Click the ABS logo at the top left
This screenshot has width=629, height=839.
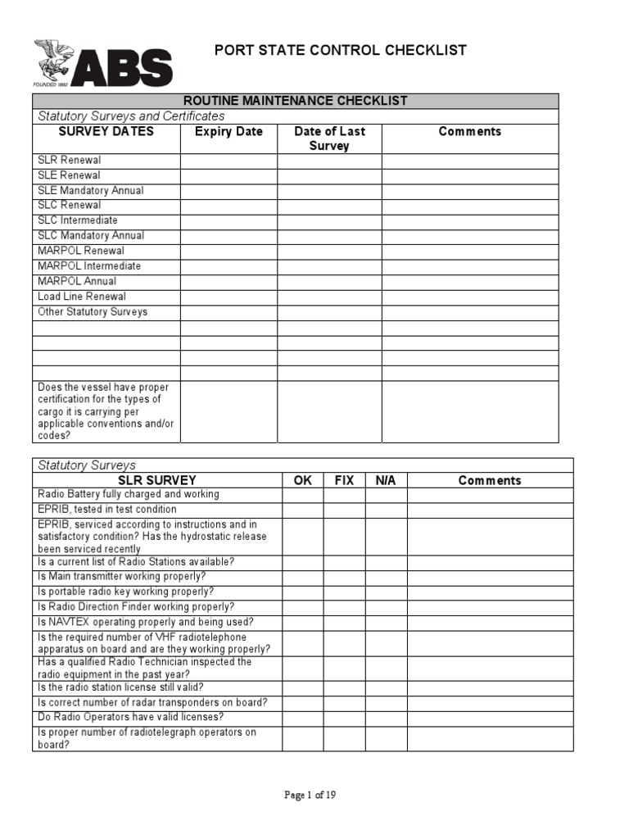point(102,64)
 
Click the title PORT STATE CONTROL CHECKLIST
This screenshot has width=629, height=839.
point(340,50)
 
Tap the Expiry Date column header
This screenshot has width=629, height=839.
point(229,131)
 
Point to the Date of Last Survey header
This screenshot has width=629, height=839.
point(329,138)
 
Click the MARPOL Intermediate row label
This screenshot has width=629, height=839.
point(89,265)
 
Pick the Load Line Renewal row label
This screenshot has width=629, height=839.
point(82,296)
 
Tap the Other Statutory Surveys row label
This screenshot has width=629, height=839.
point(93,311)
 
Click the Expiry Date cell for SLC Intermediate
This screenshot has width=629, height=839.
point(229,220)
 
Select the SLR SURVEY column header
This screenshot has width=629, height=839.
point(157,480)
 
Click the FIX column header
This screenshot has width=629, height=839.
point(344,480)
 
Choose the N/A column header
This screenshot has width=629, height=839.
point(386,480)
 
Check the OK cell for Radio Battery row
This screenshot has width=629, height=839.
point(302,495)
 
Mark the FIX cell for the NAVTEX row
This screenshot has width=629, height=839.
point(344,622)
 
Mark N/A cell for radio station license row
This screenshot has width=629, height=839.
point(386,687)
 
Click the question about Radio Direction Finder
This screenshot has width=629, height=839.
point(136,606)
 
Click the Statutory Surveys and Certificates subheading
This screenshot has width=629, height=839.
point(131,116)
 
